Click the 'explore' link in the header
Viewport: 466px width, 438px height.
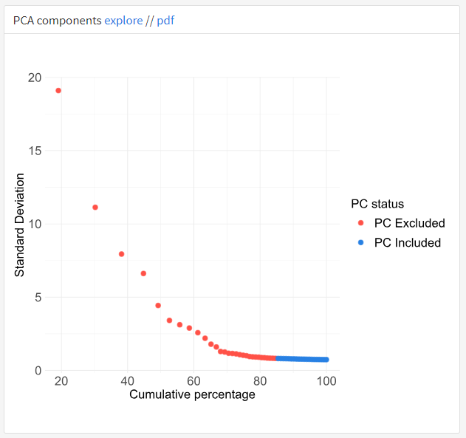[123, 21]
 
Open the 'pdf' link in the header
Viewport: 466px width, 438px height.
[165, 21]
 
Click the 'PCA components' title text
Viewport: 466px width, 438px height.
[57, 21]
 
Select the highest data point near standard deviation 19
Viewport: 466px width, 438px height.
[58, 90]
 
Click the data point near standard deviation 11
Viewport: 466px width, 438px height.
[95, 208]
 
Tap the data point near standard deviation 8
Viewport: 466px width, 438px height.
[121, 254]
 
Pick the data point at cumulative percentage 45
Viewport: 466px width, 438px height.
[143, 273]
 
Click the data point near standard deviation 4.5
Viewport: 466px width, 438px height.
[158, 305]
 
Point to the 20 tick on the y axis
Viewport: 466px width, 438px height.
[34, 78]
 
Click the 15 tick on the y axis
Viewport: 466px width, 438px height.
[34, 151]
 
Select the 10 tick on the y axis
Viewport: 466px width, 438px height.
[34, 224]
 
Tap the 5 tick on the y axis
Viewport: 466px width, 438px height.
[38, 297]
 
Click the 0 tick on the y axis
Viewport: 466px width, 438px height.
[38, 370]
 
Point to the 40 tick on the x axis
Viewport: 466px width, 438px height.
[127, 381]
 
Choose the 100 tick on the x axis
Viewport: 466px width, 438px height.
[326, 381]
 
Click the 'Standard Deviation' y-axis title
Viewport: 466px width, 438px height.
[20, 225]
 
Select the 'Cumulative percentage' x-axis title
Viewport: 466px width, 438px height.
[192, 394]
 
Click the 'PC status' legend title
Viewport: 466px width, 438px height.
[377, 204]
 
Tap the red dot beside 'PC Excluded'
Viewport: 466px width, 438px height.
[360, 223]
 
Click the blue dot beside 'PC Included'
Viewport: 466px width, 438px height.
[360, 242]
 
